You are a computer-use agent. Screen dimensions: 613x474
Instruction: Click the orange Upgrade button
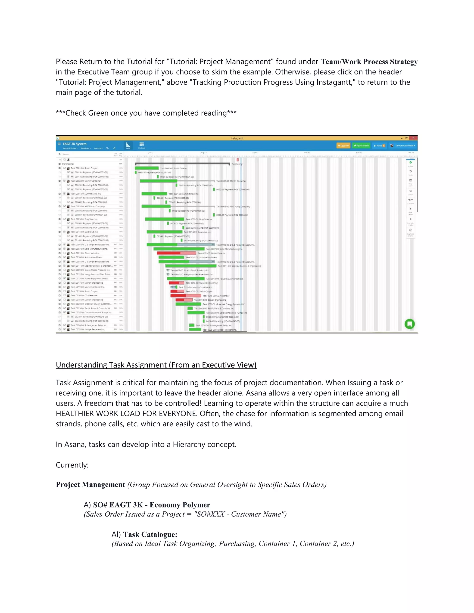(x=343, y=146)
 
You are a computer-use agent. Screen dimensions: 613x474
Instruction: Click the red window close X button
(x=413, y=138)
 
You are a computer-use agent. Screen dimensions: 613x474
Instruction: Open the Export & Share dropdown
(x=70, y=148)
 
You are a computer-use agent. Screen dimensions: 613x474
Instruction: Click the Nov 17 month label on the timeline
(x=359, y=153)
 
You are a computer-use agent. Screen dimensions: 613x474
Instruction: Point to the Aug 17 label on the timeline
(x=204, y=153)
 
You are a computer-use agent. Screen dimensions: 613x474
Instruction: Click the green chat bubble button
(x=409, y=324)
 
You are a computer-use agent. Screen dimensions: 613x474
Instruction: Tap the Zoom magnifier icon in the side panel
(x=411, y=191)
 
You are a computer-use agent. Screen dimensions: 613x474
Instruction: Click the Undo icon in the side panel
(x=411, y=171)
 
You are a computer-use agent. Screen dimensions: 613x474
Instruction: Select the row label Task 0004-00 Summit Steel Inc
(x=86, y=194)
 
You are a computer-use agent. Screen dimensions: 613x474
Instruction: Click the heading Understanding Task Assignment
(x=156, y=365)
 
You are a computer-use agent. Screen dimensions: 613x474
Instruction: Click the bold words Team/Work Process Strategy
(x=369, y=62)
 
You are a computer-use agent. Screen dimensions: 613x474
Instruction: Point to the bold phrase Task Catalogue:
(x=150, y=534)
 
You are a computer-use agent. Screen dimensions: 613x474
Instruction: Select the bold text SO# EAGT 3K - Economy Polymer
(x=151, y=505)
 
